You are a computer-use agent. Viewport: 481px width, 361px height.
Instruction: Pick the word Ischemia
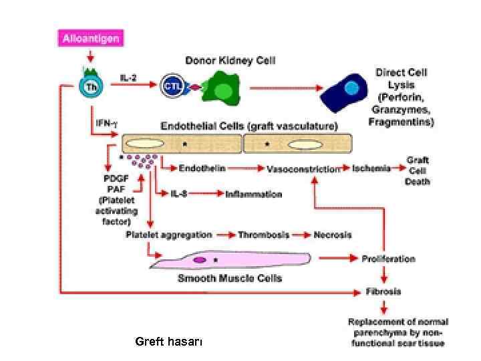[371, 169]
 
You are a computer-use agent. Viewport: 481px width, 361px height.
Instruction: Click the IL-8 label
[179, 195]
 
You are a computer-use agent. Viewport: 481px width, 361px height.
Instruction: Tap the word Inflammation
[254, 195]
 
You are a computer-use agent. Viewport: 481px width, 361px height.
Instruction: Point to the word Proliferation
[388, 259]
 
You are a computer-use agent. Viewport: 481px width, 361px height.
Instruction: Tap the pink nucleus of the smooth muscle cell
[200, 259]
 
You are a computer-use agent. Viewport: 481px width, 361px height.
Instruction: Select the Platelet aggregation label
[168, 235]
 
